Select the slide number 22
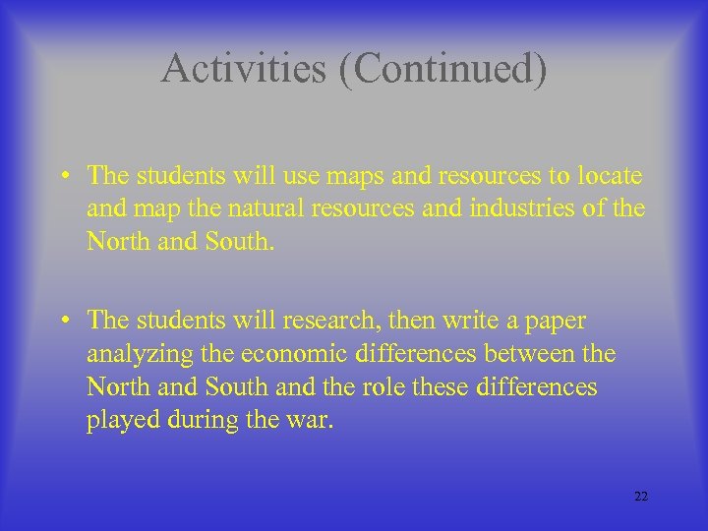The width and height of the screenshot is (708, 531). tap(641, 497)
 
